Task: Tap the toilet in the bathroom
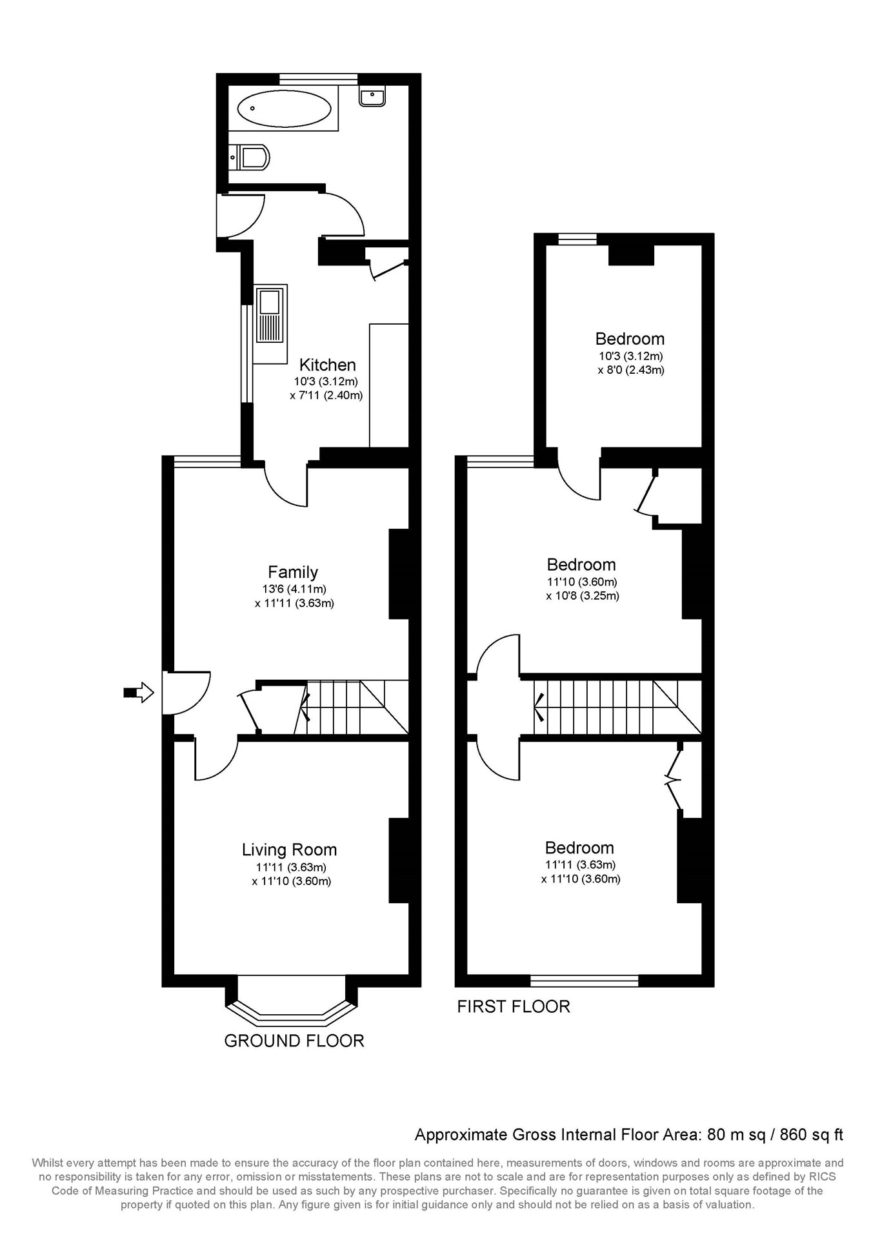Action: tap(252, 157)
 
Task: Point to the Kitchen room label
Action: tap(327, 365)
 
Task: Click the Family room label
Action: tap(293, 572)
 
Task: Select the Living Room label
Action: tap(289, 850)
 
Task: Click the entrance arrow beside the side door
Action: tap(139, 693)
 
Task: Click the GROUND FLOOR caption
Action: tap(294, 1041)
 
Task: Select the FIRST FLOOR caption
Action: tap(513, 1006)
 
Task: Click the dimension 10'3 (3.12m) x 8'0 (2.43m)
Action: tap(630, 363)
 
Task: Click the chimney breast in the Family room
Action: tap(399, 574)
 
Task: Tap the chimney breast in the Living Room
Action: tap(399, 860)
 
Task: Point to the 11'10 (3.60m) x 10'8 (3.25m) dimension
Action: tap(582, 589)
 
